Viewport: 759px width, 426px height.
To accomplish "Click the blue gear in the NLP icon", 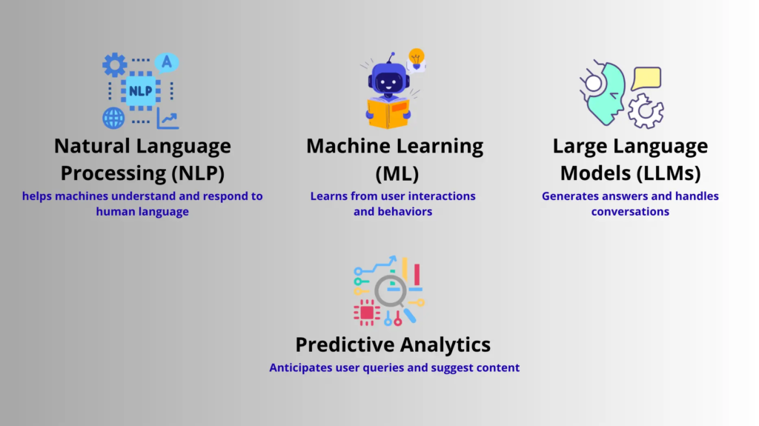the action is [115, 65].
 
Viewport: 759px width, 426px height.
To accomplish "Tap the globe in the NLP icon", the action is [113, 118].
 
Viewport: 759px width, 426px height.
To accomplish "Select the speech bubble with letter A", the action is [167, 62].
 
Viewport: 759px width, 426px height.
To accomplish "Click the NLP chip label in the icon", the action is [140, 90].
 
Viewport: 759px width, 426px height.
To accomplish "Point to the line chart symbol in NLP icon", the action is [168, 119].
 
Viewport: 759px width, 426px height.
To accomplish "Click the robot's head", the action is [389, 79].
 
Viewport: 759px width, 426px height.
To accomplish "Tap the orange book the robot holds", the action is [388, 113].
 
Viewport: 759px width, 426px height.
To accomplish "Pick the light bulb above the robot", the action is [417, 58].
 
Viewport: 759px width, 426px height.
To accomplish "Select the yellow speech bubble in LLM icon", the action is [646, 79].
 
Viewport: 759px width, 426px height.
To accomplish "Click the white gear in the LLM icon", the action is [646, 111].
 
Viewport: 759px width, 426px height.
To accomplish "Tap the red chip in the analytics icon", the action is [366, 313].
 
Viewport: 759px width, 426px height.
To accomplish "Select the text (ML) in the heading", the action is [397, 173].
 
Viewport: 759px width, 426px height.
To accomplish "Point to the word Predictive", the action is [345, 345].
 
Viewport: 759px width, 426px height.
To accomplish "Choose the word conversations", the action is [630, 212].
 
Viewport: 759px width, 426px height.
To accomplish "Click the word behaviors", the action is [405, 212].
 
